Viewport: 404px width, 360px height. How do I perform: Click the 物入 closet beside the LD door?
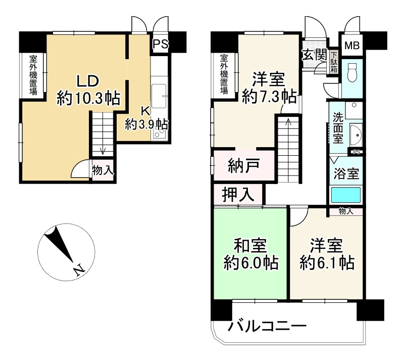(x=103, y=170)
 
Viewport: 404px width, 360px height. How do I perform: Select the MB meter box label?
(x=351, y=46)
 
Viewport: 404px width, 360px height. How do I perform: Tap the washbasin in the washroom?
(x=357, y=135)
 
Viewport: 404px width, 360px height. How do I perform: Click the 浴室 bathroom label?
(x=346, y=173)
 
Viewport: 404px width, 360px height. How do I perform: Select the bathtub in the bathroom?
(x=346, y=195)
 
